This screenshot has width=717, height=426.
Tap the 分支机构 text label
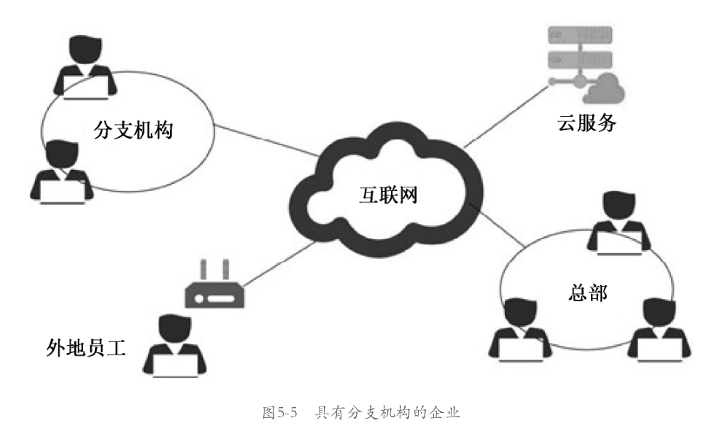click(138, 132)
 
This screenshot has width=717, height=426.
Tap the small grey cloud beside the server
click(603, 89)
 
